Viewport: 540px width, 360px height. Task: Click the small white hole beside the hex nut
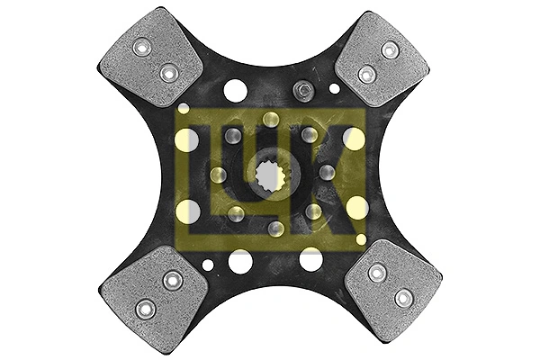click(335, 88)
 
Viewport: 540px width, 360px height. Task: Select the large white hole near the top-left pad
click(235, 90)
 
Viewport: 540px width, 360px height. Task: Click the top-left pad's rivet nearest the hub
click(167, 70)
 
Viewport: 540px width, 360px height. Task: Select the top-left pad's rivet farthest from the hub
click(141, 47)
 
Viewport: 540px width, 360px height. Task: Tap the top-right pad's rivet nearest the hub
click(365, 74)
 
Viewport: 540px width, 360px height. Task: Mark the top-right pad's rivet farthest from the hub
click(389, 50)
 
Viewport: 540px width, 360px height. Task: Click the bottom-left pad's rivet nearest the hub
click(169, 281)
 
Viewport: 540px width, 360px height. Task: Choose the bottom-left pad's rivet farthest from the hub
click(144, 309)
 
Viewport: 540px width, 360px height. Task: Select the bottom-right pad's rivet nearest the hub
click(378, 273)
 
